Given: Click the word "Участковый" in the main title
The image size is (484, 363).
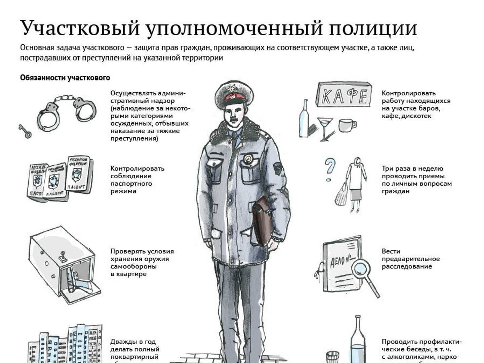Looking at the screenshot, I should pyautogui.click(x=80, y=28).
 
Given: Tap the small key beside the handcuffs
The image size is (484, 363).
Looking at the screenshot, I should pyautogui.click(x=25, y=131).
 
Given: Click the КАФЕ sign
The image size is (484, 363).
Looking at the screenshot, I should pyautogui.click(x=344, y=95).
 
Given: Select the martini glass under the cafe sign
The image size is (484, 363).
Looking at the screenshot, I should pyautogui.click(x=325, y=128).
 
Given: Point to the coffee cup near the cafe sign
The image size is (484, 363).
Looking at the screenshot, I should pyautogui.click(x=347, y=125).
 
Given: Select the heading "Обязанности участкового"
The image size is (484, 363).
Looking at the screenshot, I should pyautogui.click(x=65, y=78).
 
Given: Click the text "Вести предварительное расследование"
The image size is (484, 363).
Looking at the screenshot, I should pyautogui.click(x=410, y=259).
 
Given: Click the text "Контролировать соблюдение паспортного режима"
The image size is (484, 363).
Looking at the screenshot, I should pyautogui.click(x=137, y=180).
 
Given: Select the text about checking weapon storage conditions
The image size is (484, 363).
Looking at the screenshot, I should pyautogui.click(x=142, y=263).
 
